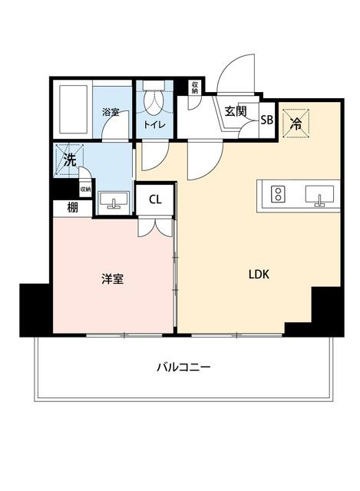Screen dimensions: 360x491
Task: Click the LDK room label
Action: tap(259, 275)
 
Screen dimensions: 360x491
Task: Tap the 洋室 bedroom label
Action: tap(113, 278)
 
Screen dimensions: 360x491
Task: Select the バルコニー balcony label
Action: tap(183, 367)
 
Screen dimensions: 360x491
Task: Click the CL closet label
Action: tap(155, 199)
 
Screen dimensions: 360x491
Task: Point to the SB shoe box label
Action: tap(267, 120)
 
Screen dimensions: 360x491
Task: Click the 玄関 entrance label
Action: tap(236, 111)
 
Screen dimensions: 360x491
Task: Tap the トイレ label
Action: tap(154, 125)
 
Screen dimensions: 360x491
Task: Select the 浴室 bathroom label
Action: tap(111, 113)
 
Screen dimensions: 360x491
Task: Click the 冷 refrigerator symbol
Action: tap(296, 123)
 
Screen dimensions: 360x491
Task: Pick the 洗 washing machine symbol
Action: tap(70, 160)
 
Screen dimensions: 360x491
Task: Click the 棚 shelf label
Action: tap(72, 208)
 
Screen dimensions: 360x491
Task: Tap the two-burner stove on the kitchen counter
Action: tap(278, 194)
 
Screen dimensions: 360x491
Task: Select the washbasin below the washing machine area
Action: tap(114, 200)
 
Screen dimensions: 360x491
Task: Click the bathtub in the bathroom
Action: tap(73, 108)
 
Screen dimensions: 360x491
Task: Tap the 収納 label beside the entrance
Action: tap(195, 87)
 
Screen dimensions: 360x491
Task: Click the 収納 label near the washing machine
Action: tap(85, 189)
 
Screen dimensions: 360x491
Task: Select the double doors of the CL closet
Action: tap(155, 227)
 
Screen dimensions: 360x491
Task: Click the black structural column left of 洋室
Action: tap(35, 310)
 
